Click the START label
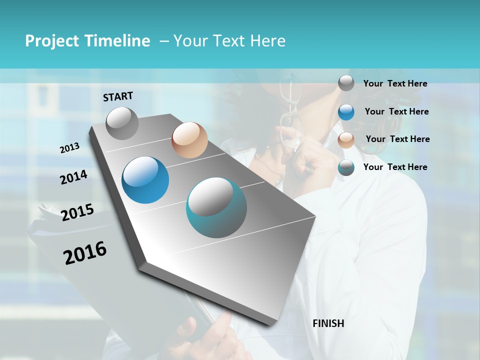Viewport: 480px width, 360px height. click(118, 96)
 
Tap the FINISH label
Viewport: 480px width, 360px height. click(328, 323)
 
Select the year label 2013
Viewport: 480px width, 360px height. click(69, 148)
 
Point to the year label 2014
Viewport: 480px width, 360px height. click(73, 177)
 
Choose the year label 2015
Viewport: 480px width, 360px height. click(77, 212)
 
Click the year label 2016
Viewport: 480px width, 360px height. click(85, 253)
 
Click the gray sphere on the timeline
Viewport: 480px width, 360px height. click(122, 123)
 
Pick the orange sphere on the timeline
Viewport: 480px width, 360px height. click(189, 140)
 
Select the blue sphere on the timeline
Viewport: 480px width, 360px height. click(145, 180)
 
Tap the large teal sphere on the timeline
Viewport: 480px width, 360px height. click(216, 207)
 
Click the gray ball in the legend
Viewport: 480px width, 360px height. click(346, 83)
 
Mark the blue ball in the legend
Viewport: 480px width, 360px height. click(346, 112)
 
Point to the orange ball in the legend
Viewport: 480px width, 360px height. click(346, 139)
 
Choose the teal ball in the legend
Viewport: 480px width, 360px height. click(346, 167)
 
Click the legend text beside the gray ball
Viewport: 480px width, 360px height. click(395, 83)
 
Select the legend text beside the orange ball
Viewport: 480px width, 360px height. click(397, 139)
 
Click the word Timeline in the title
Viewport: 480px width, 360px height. click(118, 41)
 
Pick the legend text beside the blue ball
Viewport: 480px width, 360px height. click(396, 111)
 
